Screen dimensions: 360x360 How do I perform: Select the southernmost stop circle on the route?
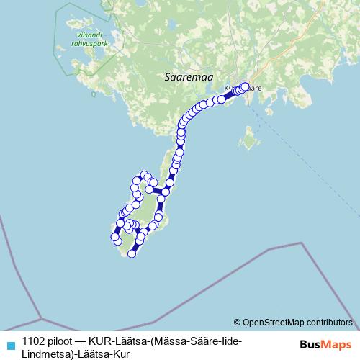[x=132, y=253]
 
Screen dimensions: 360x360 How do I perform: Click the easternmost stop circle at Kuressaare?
[x=245, y=87]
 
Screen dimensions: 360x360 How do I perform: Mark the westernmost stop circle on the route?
[x=114, y=236]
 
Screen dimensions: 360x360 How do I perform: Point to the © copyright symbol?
[x=238, y=322]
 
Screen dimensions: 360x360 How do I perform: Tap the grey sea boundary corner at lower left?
[x=41, y=318]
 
